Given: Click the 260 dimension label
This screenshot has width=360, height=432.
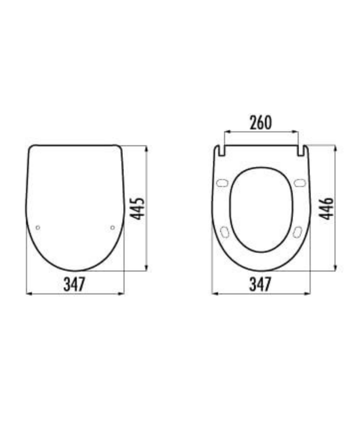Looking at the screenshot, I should [x=261, y=122].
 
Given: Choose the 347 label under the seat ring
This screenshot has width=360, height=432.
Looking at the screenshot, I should [x=260, y=284].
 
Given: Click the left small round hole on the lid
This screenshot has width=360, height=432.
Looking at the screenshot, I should [x=37, y=227].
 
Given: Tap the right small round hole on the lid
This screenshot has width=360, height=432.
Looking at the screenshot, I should [x=112, y=227].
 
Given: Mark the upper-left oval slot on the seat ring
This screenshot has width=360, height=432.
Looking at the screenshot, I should [x=223, y=183].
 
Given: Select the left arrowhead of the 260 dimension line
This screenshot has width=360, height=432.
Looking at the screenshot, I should [x=225, y=132].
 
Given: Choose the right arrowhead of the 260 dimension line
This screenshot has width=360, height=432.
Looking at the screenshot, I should [x=296, y=132].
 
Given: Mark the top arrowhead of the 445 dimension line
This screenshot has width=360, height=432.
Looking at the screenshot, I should [x=146, y=148].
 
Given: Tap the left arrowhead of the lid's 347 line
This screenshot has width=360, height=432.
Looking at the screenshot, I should [x=28, y=292].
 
